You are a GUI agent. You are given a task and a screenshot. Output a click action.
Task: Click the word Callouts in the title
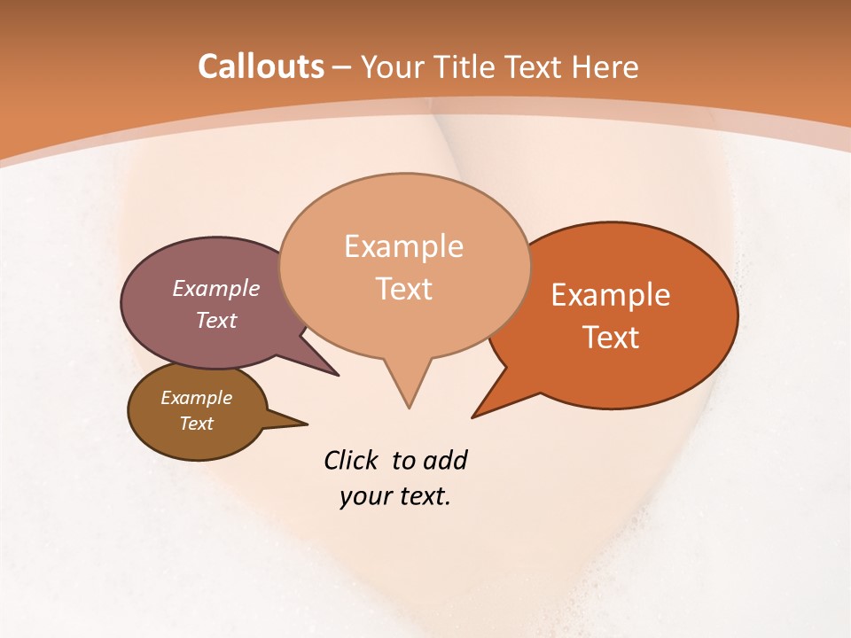pyautogui.click(x=261, y=66)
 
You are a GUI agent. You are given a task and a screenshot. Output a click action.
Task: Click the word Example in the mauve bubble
pyautogui.click(x=216, y=288)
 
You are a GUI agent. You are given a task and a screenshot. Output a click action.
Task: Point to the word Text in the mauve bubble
pyautogui.click(x=216, y=320)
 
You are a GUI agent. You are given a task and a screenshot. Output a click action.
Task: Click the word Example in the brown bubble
pyautogui.click(x=196, y=398)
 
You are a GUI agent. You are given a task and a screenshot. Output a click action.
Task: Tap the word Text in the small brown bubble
pyautogui.click(x=196, y=424)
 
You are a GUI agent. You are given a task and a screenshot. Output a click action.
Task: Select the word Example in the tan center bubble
pyautogui.click(x=403, y=246)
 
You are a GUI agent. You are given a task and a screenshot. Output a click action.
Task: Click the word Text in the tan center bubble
pyautogui.click(x=403, y=289)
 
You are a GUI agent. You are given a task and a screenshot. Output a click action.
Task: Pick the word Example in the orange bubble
pyautogui.click(x=611, y=295)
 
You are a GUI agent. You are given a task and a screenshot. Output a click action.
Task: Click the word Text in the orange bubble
pyautogui.click(x=611, y=338)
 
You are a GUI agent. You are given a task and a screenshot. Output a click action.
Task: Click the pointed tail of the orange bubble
pyautogui.click(x=475, y=415)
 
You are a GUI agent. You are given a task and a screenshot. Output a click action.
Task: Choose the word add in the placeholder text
pyautogui.click(x=445, y=461)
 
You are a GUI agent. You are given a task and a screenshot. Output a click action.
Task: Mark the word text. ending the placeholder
pyautogui.click(x=422, y=496)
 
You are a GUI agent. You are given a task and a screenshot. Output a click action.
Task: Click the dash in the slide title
pyautogui.click(x=343, y=67)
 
